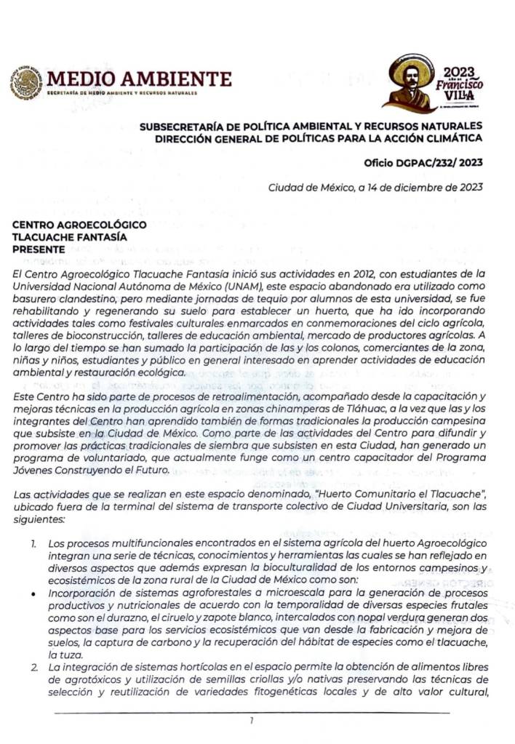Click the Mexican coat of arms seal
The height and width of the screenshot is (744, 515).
tap(25, 82)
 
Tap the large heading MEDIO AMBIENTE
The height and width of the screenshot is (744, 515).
tap(139, 78)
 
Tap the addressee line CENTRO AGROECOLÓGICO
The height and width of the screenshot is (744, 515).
tap(79, 225)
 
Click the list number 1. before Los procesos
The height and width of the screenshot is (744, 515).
tap(34, 543)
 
